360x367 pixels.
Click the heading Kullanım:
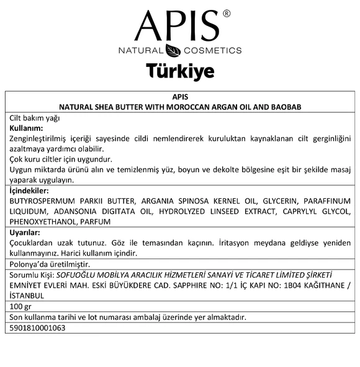tap(26, 127)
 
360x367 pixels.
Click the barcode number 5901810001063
tap(37, 327)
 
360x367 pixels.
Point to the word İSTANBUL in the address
tap(30, 296)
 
